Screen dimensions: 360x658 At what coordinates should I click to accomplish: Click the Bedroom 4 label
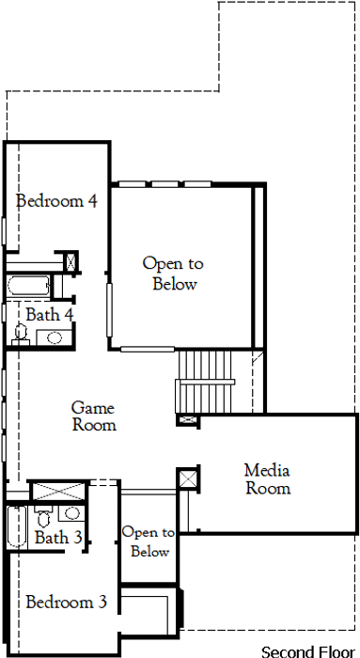56,201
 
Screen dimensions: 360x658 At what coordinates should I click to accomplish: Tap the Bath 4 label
50,315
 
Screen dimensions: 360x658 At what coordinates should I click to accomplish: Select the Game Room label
94,416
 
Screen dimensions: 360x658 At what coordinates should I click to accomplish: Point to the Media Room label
268,479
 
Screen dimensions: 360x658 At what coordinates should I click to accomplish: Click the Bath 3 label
58,537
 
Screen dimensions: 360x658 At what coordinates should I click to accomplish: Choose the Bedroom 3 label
67,603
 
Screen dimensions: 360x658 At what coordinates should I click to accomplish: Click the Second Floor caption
308,651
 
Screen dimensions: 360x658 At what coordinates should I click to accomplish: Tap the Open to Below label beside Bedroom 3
149,541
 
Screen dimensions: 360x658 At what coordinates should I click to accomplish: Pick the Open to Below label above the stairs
173,274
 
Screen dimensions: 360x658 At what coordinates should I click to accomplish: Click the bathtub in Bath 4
28,286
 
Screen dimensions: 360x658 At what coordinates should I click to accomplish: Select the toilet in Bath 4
21,334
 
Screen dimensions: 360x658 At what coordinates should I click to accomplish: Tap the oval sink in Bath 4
55,337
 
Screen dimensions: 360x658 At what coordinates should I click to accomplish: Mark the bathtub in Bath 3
17,527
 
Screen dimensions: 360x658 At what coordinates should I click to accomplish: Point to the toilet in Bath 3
43,517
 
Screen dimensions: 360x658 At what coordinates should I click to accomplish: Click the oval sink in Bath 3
72,512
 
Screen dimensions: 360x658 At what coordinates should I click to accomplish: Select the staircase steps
205,382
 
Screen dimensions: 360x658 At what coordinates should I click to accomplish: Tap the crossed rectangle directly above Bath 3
58,492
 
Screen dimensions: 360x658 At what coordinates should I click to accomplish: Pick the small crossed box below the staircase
185,419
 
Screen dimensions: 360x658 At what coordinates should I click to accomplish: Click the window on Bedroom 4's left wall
4,231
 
